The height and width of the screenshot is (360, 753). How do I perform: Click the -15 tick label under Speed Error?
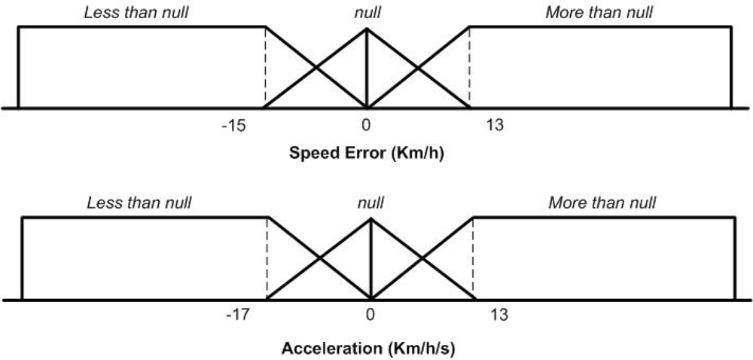(233, 124)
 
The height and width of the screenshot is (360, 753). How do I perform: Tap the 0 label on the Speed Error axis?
(366, 124)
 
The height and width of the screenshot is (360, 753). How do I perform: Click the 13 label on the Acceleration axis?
(498, 314)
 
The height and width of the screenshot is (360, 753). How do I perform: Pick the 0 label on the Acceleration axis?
(370, 314)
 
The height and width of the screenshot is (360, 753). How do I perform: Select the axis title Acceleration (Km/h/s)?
(368, 349)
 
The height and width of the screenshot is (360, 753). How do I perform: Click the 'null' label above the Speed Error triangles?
(366, 13)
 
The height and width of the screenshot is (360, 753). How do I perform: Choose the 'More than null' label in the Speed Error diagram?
(599, 13)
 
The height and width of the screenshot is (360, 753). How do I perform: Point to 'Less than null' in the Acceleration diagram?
(139, 203)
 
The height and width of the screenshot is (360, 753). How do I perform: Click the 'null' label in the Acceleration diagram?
(370, 203)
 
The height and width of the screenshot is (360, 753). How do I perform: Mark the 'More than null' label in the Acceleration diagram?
(602, 203)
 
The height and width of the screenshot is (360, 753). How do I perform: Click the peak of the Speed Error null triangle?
(366, 29)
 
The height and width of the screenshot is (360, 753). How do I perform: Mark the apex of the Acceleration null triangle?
(370, 219)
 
